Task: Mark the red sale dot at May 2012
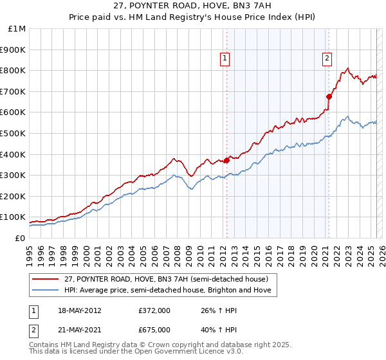[226, 160]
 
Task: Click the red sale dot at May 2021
[329, 97]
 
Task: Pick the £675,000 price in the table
[154, 329]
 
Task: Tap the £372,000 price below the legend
[154, 310]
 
